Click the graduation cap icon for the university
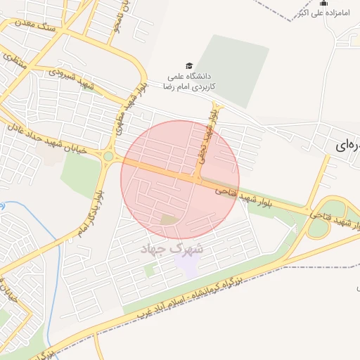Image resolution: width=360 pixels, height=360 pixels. pyautogui.click(x=188, y=65)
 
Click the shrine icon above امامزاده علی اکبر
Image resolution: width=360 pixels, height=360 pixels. pyautogui.click(x=323, y=3)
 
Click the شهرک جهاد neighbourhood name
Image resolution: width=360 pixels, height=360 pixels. pyautogui.click(x=172, y=249)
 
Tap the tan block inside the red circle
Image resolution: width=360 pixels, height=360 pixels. pyautogui.click(x=168, y=220)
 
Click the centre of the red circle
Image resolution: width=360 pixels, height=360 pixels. pyautogui.click(x=180, y=180)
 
